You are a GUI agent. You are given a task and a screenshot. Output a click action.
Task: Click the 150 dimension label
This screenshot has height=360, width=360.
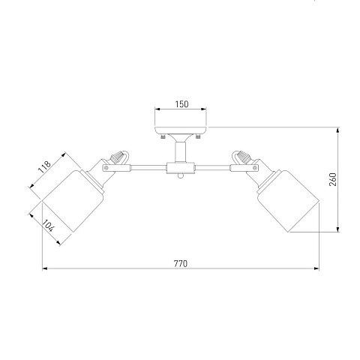pyautogui.click(x=181, y=104)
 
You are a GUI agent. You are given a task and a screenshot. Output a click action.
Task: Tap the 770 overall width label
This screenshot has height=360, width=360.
pyautogui.click(x=181, y=264)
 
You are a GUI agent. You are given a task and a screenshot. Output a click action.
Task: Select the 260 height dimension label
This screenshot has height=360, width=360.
pyautogui.click(x=333, y=179)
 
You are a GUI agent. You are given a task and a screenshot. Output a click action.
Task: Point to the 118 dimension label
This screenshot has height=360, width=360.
pyautogui.click(x=45, y=167)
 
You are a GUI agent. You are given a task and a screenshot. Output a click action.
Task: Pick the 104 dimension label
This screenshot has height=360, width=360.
pyautogui.click(x=48, y=226)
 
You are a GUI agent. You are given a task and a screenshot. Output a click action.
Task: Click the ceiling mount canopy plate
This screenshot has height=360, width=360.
pyautogui.click(x=181, y=130)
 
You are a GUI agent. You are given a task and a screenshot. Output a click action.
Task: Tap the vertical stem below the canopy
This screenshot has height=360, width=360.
pyautogui.click(x=180, y=152)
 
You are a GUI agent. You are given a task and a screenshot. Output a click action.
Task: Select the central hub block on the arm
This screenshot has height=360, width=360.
pyautogui.click(x=181, y=168)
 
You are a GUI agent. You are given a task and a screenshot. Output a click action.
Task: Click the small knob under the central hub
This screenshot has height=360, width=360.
pyautogui.click(x=181, y=176)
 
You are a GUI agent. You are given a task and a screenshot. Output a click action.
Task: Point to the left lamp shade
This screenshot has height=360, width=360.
pyautogui.click(x=73, y=201)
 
